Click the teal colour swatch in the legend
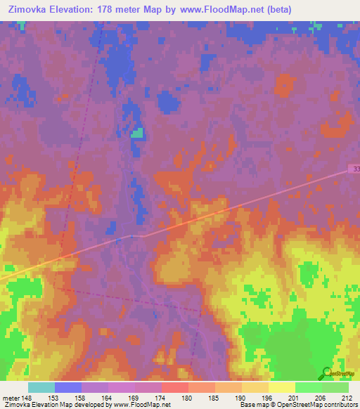tap(41, 387)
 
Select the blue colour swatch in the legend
tap(67, 387)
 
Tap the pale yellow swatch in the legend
tap(281, 387)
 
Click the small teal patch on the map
tap(139, 133)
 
